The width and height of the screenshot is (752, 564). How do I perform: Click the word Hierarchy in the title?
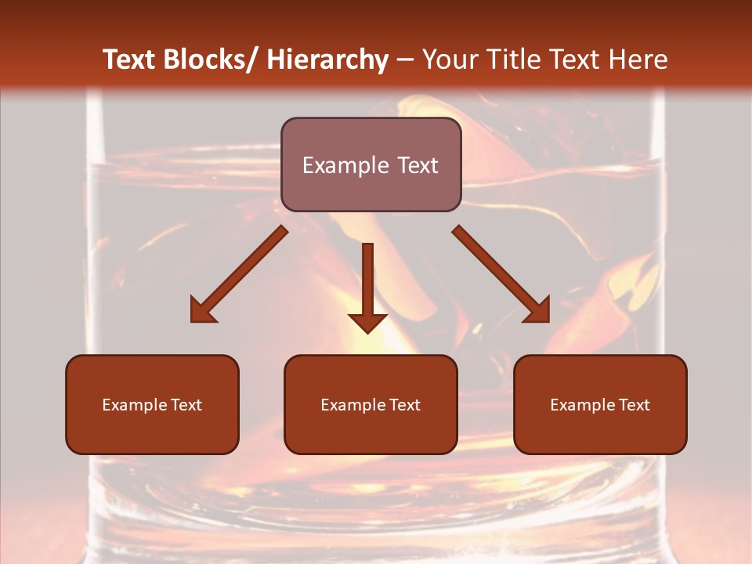click(327, 60)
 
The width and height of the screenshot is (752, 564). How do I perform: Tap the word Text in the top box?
click(417, 165)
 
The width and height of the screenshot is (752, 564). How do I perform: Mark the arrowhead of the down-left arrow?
click(202, 311)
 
